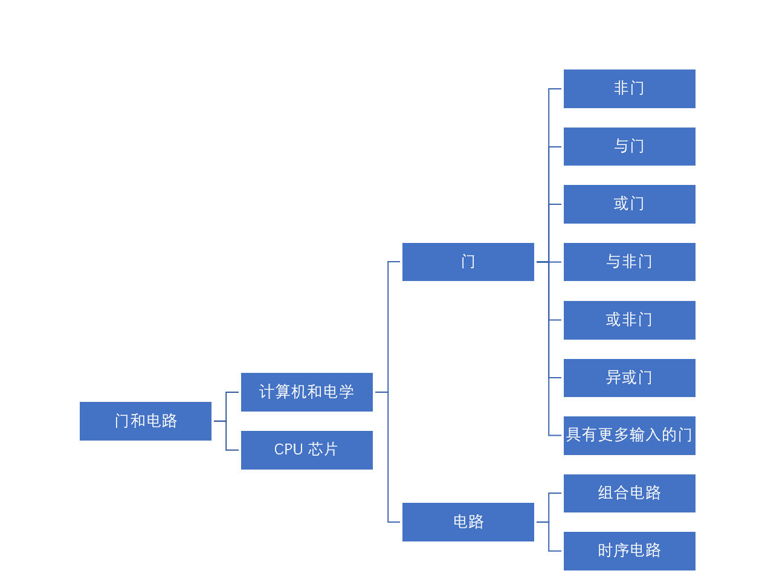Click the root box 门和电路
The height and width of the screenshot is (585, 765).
(x=145, y=421)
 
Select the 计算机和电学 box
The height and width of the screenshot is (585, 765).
(x=306, y=392)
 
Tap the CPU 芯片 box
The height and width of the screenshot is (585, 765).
(x=306, y=450)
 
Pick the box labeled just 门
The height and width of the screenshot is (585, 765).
(x=468, y=262)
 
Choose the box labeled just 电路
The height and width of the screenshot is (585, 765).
(x=468, y=522)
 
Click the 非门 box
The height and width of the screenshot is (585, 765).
(x=629, y=89)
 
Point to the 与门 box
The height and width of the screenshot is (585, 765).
(x=629, y=146)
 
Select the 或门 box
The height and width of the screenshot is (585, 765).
(x=629, y=204)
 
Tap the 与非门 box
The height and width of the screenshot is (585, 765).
(x=629, y=262)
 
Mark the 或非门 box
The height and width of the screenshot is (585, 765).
(x=629, y=320)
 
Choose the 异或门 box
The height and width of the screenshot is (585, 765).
(x=629, y=378)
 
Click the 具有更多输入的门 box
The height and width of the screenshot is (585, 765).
(x=629, y=436)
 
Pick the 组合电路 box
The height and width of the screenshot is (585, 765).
(x=629, y=493)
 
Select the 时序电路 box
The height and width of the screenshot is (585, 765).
(x=629, y=551)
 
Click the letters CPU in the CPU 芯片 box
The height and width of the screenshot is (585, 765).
(x=288, y=450)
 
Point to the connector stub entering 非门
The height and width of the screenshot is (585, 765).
(x=555, y=89)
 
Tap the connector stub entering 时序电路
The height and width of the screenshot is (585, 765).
(x=555, y=551)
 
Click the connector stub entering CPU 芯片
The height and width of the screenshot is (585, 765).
(x=233, y=450)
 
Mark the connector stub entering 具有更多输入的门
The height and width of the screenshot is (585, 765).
(x=555, y=436)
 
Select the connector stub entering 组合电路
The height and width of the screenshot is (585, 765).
(x=555, y=493)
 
